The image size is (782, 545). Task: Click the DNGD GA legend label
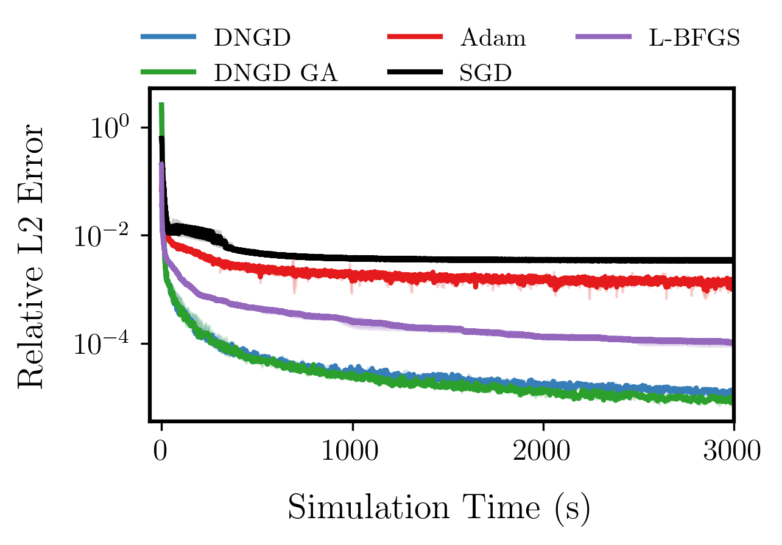pyautogui.click(x=275, y=73)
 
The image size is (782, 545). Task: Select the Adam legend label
pyautogui.click(x=493, y=38)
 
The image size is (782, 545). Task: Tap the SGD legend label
pyautogui.click(x=485, y=73)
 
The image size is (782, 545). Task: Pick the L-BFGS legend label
pyautogui.click(x=692, y=38)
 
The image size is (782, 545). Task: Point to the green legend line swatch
pyautogui.click(x=169, y=72)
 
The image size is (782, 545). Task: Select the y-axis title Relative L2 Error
pyautogui.click(x=30, y=256)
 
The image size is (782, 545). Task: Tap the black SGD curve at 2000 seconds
pyautogui.click(x=543, y=260)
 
